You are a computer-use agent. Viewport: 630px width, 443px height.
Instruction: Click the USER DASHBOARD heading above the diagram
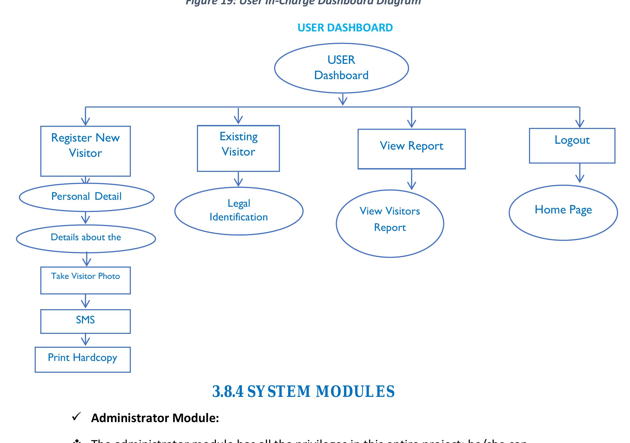345,28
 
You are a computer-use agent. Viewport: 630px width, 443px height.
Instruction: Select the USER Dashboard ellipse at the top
341,68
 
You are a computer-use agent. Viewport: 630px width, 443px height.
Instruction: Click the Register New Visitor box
85,151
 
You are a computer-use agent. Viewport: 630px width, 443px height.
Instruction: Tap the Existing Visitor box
238,149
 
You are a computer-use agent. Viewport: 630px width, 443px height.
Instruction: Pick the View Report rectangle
411,149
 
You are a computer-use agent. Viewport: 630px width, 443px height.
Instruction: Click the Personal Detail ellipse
87,197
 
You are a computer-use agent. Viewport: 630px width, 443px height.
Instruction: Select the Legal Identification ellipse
239,211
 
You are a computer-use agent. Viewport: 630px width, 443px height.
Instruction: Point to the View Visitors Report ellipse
390,223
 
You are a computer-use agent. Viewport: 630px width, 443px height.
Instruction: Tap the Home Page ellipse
563,213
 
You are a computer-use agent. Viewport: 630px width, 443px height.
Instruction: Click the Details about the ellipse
86,238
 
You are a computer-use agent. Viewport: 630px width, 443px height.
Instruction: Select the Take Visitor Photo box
85,280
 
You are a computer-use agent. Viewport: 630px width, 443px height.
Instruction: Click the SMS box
85,321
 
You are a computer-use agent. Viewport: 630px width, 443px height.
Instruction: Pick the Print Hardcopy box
82,359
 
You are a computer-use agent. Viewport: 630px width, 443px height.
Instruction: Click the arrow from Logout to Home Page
579,173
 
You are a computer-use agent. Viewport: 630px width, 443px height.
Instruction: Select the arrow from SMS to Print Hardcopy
85,340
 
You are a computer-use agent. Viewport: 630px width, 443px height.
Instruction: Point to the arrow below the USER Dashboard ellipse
343,99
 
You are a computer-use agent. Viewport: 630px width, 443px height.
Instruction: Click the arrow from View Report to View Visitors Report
411,179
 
